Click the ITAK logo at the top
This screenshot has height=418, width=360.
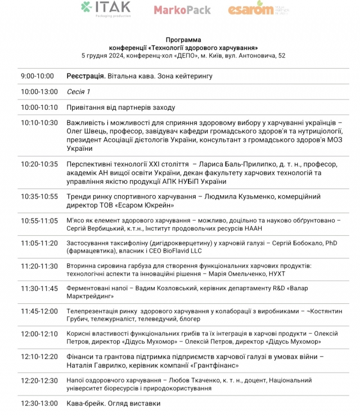pyautogui.click(x=106, y=8)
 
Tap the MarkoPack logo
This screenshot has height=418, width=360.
pyautogui.click(x=182, y=10)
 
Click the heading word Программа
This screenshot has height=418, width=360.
pyautogui.click(x=183, y=40)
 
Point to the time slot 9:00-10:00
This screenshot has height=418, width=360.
pyautogui.click(x=37, y=76)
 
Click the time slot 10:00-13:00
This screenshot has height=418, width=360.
pyautogui.click(x=39, y=92)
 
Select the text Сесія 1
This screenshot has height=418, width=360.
pyautogui.click(x=78, y=92)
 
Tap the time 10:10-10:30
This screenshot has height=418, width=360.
pyautogui.click(x=39, y=123)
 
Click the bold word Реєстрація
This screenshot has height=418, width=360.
pyautogui.click(x=86, y=76)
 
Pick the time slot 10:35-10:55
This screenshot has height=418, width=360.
pyautogui.click(x=39, y=196)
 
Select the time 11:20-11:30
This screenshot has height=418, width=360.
pyautogui.click(x=39, y=266)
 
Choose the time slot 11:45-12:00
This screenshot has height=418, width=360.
pyautogui.click(x=39, y=311)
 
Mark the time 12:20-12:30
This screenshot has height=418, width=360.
pyautogui.click(x=39, y=380)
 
